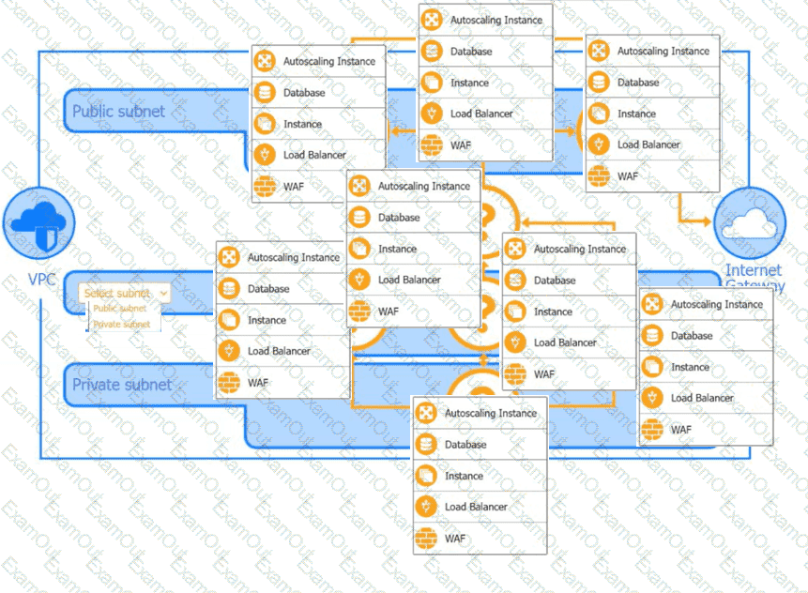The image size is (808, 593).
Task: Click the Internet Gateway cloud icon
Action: (x=749, y=224)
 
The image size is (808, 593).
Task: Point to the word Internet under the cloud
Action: (x=753, y=271)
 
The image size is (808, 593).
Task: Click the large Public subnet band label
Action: (x=118, y=112)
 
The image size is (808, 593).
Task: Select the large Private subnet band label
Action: (x=122, y=385)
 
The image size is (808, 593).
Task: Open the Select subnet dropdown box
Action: (x=125, y=293)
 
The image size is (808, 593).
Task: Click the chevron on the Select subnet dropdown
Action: (x=164, y=293)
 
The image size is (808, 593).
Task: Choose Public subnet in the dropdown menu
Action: (x=120, y=308)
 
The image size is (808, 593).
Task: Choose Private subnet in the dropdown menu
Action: (x=121, y=324)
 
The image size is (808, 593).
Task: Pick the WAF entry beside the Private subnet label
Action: (x=256, y=383)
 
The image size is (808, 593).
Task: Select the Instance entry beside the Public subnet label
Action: (x=302, y=124)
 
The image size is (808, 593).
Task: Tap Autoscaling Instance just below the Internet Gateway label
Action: (x=716, y=305)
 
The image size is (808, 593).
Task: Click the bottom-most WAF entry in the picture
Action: (x=454, y=539)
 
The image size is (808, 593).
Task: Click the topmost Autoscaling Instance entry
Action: (x=495, y=20)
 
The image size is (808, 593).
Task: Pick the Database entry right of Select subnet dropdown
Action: (x=268, y=289)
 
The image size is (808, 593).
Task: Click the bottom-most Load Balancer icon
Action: (x=427, y=507)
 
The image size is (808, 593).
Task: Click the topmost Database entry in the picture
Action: (x=470, y=52)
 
